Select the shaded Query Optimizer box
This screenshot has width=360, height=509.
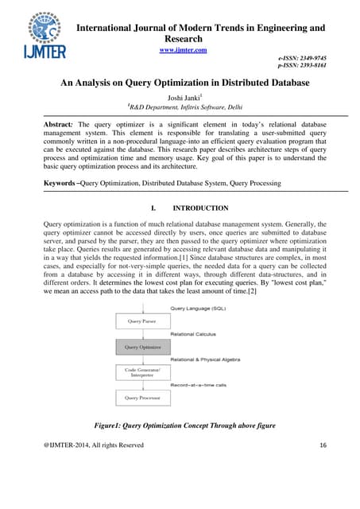point(143,347)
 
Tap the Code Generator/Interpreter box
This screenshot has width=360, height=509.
point(143,372)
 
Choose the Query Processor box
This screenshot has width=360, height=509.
point(143,397)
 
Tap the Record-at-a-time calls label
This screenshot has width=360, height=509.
point(209,386)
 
